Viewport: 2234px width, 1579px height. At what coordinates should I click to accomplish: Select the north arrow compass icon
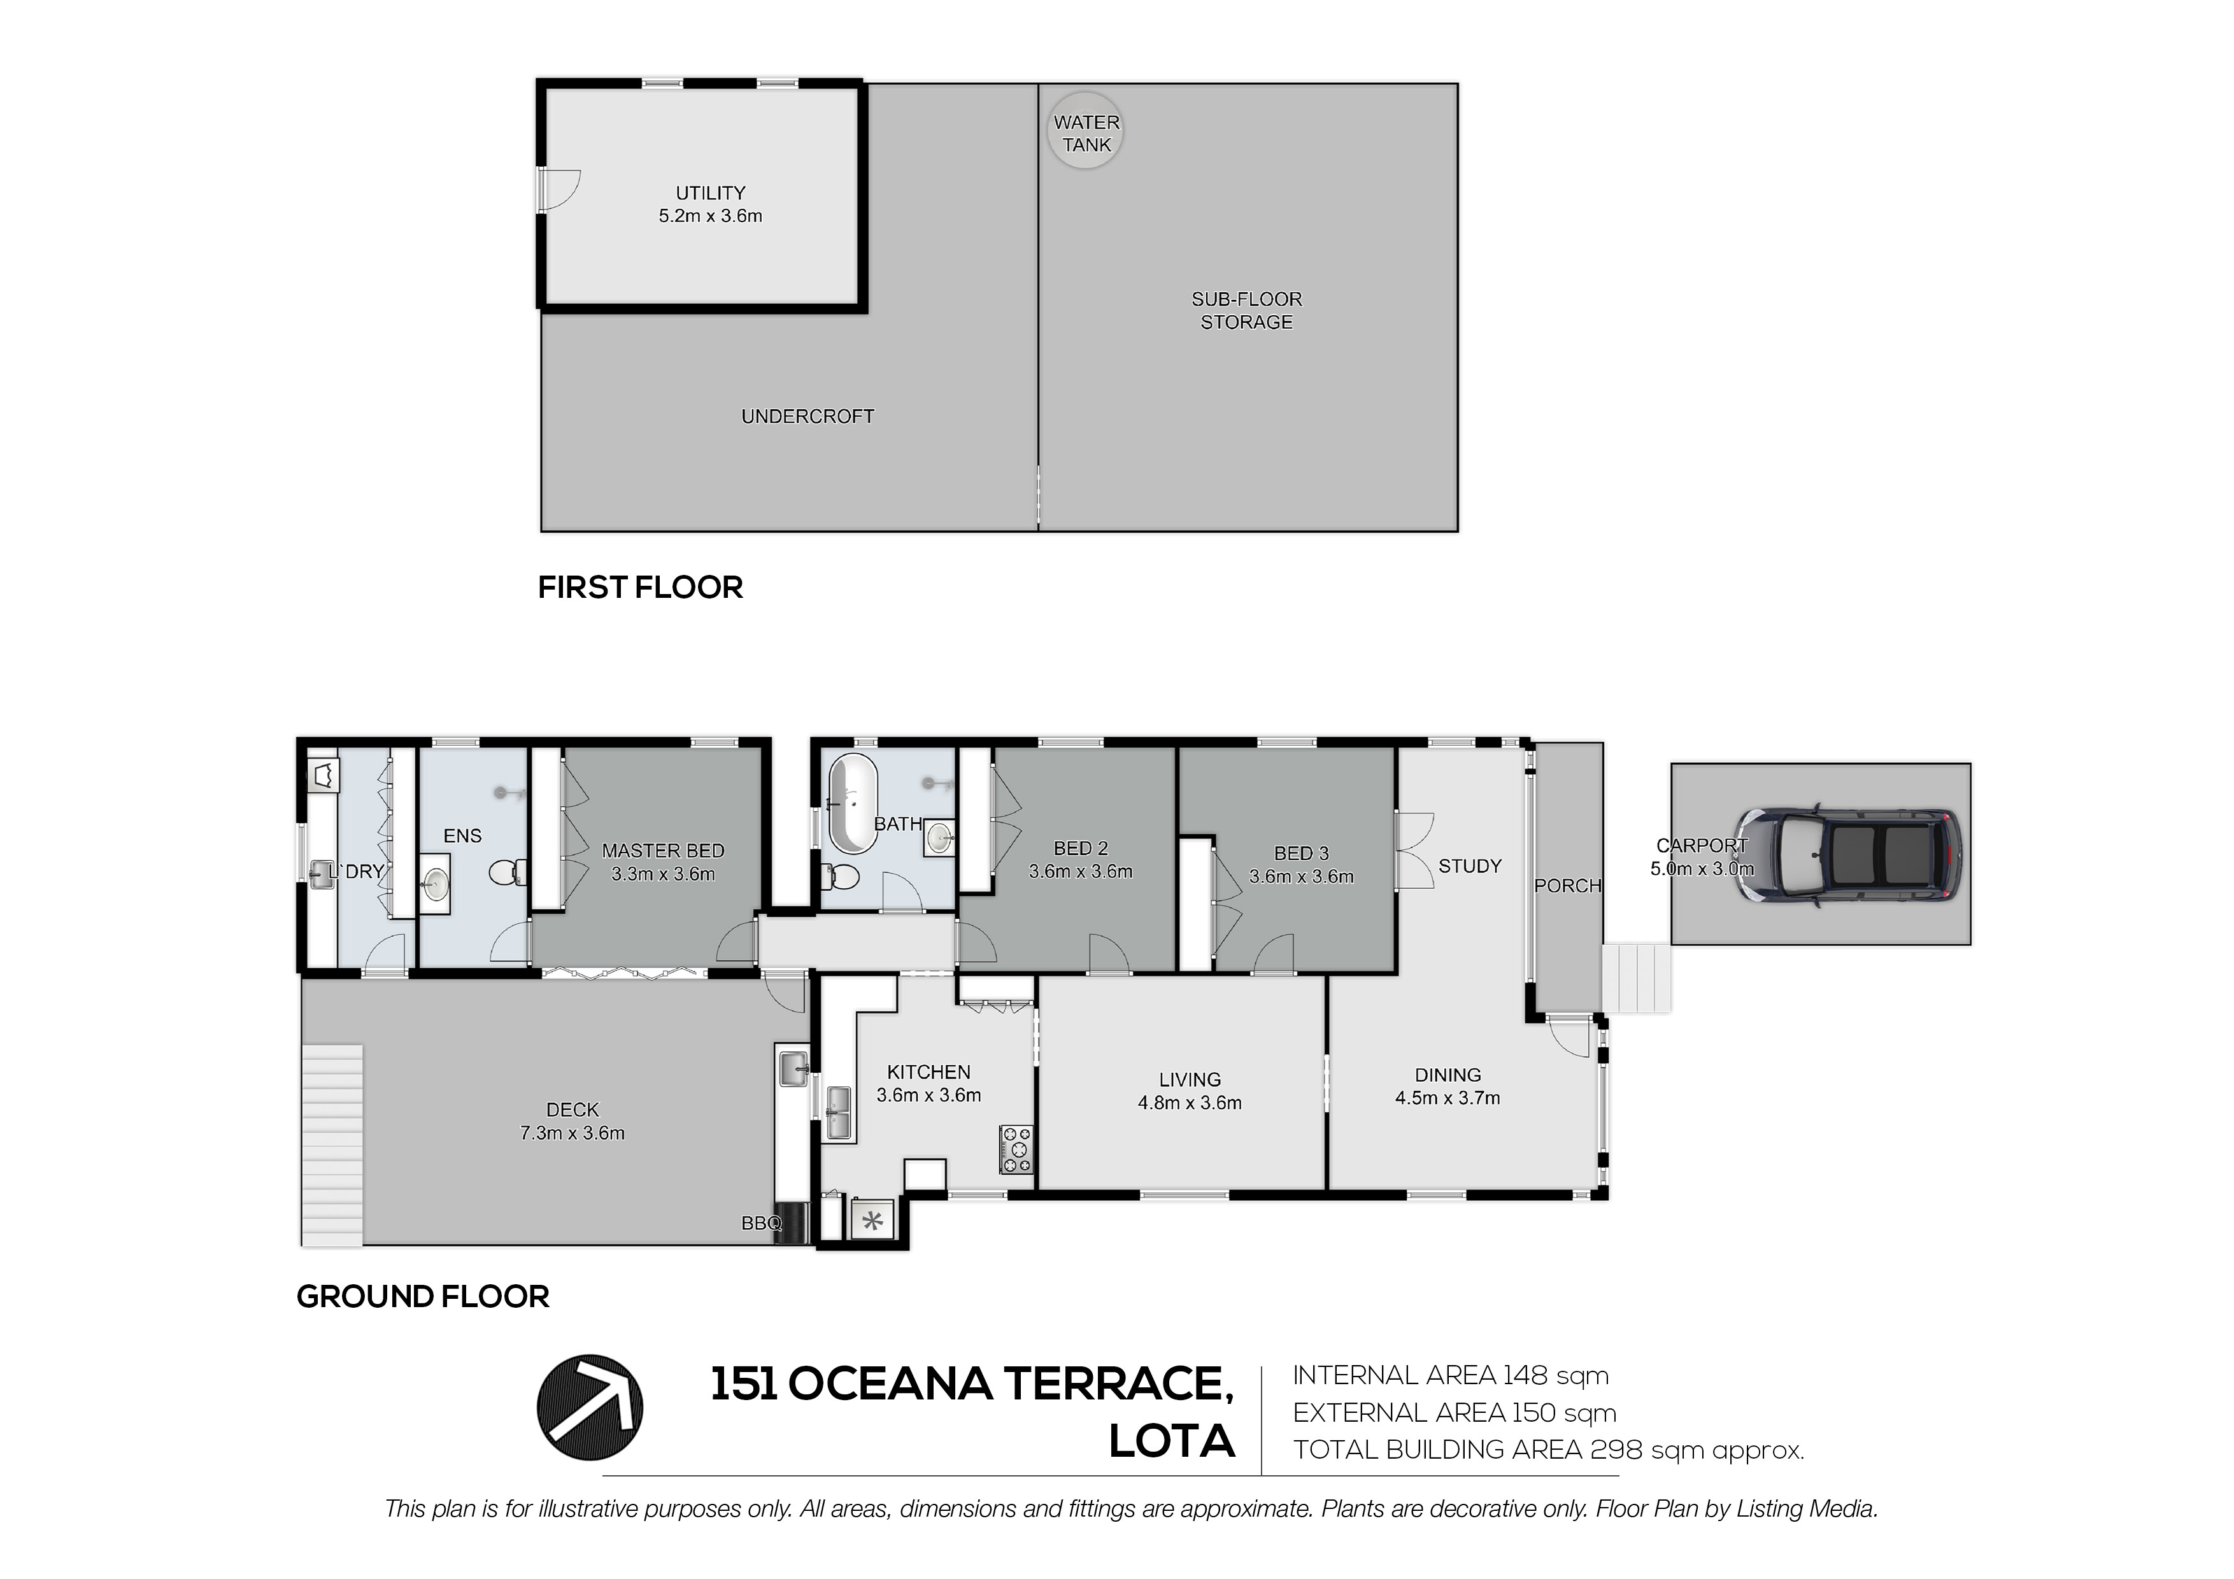(590, 1407)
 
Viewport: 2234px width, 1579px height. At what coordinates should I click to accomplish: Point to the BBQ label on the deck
(761, 1224)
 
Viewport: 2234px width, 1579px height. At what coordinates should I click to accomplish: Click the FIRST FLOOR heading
(640, 588)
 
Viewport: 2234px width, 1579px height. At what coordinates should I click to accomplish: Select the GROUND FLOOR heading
(422, 1297)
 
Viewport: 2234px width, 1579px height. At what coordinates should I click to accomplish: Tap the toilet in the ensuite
(508, 873)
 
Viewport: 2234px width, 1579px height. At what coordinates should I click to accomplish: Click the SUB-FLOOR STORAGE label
(1246, 310)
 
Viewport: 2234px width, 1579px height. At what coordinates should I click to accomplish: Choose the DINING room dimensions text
(1448, 1098)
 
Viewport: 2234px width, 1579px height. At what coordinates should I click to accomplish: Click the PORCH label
(1567, 886)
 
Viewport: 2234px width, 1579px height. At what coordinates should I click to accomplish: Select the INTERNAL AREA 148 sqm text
(1451, 1376)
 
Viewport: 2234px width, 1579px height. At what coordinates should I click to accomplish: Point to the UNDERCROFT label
(808, 416)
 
